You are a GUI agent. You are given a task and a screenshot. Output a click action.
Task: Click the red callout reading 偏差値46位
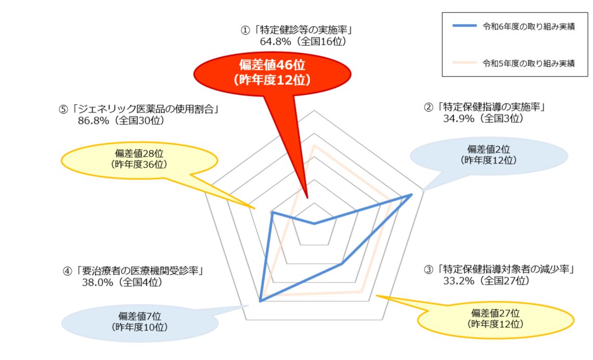272,73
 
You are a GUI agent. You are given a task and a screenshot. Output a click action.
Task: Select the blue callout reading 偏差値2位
488,155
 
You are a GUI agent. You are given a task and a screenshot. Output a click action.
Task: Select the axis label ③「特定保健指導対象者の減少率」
498,269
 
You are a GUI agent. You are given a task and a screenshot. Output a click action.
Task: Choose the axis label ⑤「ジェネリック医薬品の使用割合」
138,109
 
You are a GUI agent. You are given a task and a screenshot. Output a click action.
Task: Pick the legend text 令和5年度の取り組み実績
528,63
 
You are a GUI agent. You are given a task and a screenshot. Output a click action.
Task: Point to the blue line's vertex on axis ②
412,195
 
